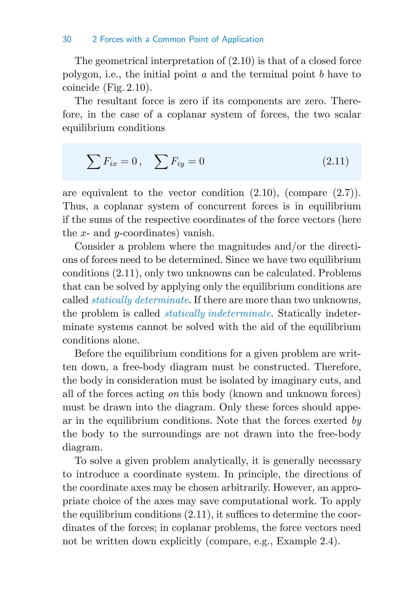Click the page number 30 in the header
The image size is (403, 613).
click(67, 39)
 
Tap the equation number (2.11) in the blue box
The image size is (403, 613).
click(335, 161)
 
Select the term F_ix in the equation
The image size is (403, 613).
click(110, 162)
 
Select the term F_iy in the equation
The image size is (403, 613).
click(177, 162)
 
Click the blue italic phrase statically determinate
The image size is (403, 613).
click(140, 300)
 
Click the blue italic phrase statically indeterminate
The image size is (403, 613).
click(218, 313)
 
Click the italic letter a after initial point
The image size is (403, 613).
click(204, 75)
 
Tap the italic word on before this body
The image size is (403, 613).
click(174, 394)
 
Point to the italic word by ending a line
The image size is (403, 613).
click(356, 421)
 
